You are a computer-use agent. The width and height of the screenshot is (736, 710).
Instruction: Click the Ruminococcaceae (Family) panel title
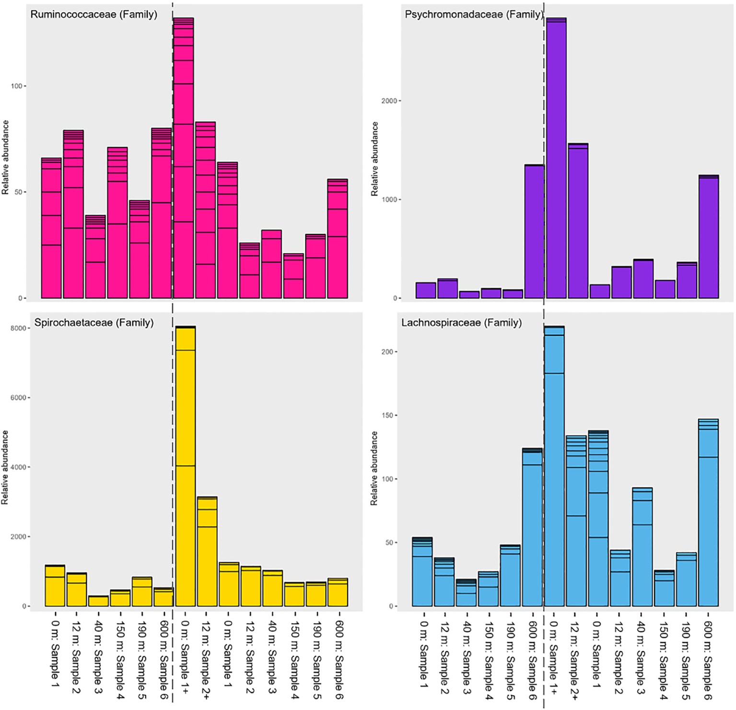[x=93, y=14]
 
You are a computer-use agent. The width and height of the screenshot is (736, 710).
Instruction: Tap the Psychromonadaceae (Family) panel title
[x=473, y=14]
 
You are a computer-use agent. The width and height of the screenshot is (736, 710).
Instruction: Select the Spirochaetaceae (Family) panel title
[x=93, y=322]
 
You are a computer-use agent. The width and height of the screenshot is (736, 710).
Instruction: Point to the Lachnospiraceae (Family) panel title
[x=461, y=322]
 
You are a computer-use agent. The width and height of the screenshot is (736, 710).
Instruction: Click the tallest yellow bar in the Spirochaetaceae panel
[x=185, y=465]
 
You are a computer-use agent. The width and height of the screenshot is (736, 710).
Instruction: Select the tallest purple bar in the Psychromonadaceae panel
[x=556, y=158]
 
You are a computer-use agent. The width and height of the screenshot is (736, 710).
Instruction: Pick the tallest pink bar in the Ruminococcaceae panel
[x=183, y=158]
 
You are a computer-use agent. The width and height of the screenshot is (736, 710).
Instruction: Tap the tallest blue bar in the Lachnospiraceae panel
[x=554, y=465]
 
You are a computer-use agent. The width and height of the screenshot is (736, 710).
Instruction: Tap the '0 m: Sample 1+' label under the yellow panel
[x=185, y=657]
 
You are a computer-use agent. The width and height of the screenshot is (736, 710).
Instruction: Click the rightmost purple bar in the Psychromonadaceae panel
[x=708, y=237]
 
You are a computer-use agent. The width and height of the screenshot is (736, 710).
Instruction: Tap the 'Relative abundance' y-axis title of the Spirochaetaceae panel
[x=5, y=467]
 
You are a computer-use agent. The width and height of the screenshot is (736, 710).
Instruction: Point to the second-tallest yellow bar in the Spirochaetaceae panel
[x=207, y=552]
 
